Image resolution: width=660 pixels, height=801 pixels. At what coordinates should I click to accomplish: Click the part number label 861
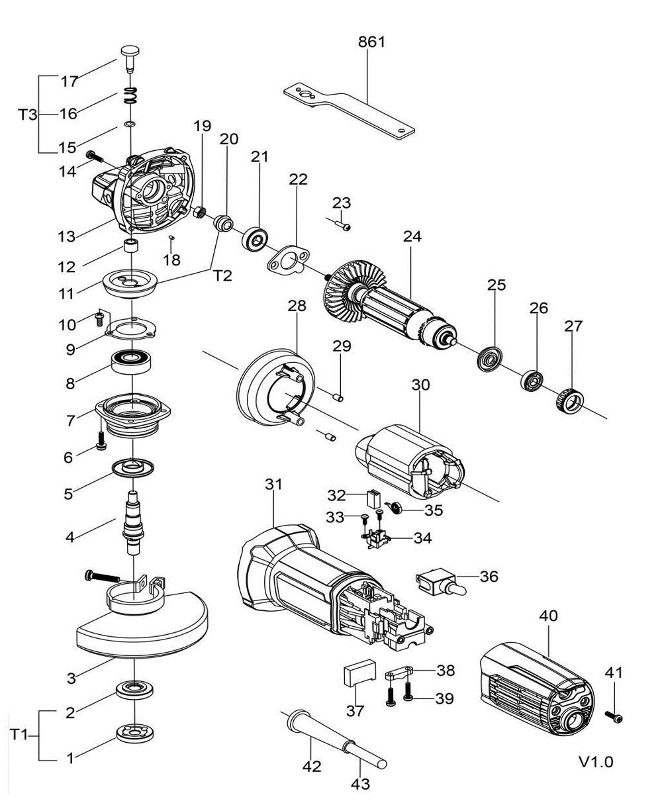[x=371, y=42]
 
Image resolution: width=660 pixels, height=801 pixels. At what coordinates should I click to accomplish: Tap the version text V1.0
[x=596, y=762]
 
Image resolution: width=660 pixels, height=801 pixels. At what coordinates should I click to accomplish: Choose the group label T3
[x=27, y=115]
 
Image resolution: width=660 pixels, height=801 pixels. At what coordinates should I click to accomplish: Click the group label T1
[x=19, y=735]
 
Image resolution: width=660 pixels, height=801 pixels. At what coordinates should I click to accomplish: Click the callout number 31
[x=273, y=484]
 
